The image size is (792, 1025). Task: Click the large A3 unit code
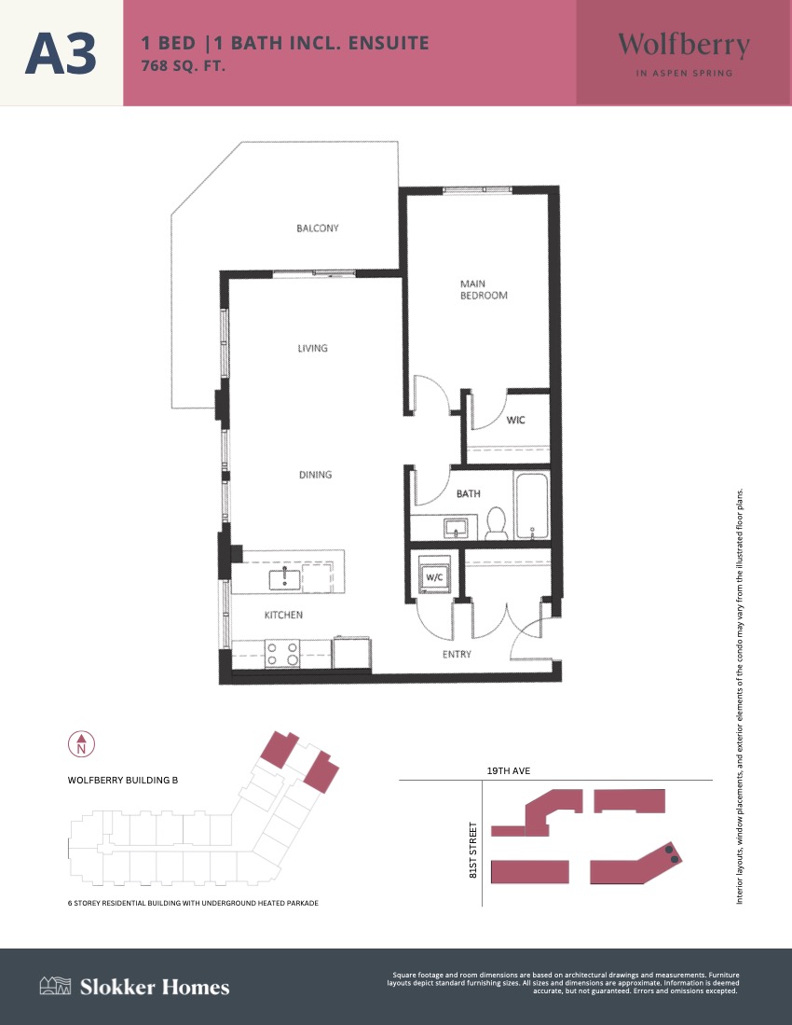point(61,53)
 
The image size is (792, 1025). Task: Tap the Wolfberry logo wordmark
point(684,46)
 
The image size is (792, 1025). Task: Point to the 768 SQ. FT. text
point(184,66)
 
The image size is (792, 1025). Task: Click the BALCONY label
point(318,229)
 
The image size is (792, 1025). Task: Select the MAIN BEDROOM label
point(484,289)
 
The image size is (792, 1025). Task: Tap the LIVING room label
point(313,349)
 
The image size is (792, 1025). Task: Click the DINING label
point(315,475)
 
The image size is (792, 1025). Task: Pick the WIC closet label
point(516,420)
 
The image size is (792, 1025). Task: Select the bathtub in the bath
point(531,506)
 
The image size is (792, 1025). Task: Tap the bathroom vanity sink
point(456,528)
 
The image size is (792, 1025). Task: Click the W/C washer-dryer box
point(434,575)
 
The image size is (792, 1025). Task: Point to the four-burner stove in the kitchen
point(282,654)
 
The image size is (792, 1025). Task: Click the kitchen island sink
point(285,578)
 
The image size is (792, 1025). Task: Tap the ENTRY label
point(457,654)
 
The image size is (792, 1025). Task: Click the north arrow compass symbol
point(82,744)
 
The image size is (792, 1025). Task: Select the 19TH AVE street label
point(509,770)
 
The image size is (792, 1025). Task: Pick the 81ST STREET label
point(472,850)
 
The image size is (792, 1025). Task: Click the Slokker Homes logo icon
point(55,986)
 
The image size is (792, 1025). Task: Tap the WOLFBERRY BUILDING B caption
point(123,780)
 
